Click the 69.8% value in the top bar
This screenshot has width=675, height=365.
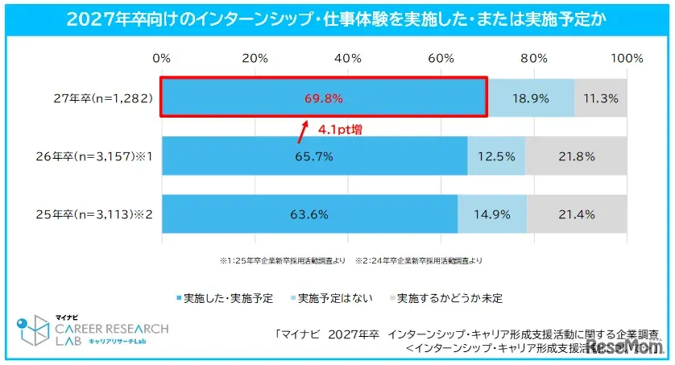324,98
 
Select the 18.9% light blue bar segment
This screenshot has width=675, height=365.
531,98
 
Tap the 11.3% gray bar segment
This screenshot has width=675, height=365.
600,98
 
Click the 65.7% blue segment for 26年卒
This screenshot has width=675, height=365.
314,156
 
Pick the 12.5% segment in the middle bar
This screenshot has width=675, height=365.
496,156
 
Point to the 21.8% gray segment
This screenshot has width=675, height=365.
576,156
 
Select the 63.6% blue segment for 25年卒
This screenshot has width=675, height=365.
309,214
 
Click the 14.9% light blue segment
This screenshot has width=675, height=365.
492,214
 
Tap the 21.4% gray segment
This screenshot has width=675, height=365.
577,214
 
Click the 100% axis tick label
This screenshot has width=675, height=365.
627,58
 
